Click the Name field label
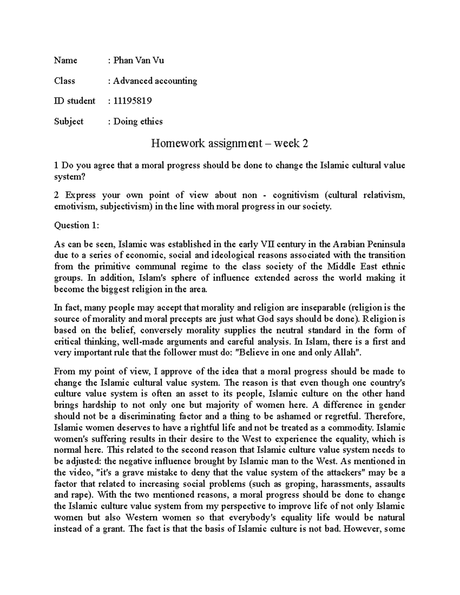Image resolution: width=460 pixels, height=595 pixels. [66, 61]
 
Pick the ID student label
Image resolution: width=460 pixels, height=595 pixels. [75, 101]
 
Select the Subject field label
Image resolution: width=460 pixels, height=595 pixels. [69, 121]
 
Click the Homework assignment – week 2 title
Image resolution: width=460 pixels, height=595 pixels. [230, 143]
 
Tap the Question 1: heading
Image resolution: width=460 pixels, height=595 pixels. [77, 225]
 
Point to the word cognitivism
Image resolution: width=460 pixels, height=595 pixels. [295, 195]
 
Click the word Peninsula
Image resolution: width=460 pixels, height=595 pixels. [386, 244]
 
